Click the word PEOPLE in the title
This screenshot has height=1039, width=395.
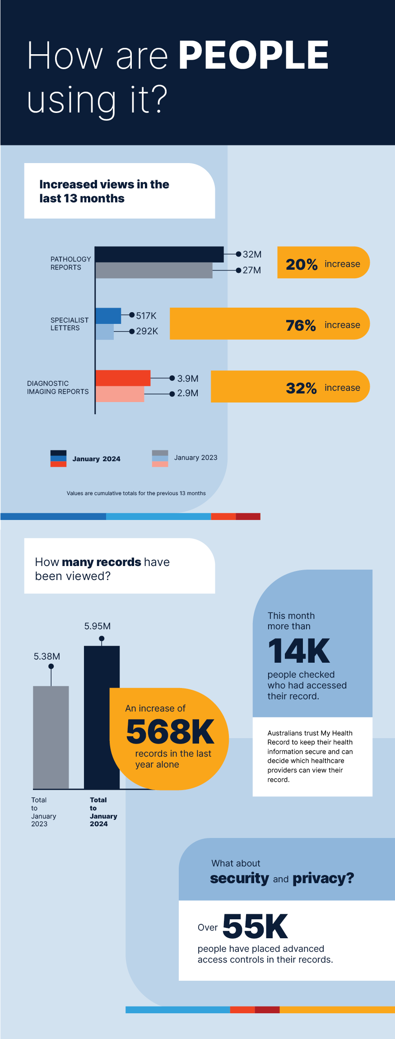click(254, 55)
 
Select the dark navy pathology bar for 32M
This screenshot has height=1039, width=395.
click(159, 254)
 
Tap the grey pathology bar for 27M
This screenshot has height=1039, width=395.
click(153, 270)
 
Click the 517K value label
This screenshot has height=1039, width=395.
click(146, 316)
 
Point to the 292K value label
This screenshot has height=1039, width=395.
click(147, 331)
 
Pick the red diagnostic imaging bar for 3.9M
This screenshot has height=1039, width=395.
click(123, 378)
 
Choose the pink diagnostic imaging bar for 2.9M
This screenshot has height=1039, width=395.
click(120, 394)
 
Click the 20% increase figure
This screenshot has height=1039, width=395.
click(302, 264)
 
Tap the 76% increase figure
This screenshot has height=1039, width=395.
click(301, 325)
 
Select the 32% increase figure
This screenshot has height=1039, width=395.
click(301, 388)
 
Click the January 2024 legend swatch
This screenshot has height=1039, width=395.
click(58, 459)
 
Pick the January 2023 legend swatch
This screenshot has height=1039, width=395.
click(160, 459)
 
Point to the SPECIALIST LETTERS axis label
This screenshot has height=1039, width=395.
click(70, 324)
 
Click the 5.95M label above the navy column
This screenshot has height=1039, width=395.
click(98, 626)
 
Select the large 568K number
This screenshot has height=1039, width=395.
click(170, 732)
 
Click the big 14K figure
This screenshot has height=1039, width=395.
click(299, 651)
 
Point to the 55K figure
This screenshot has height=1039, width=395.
click(255, 926)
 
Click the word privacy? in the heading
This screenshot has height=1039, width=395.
click(323, 879)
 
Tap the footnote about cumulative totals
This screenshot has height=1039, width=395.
click(136, 493)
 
